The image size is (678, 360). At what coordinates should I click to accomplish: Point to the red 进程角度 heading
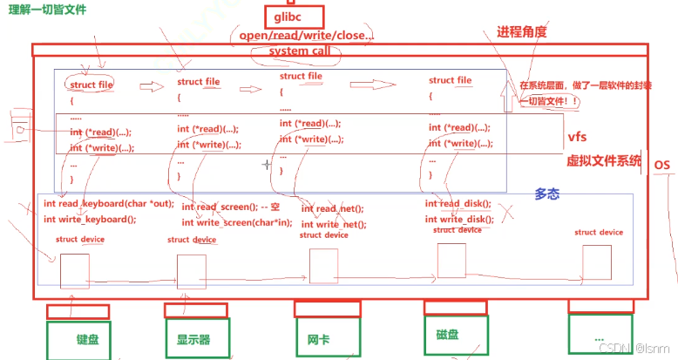point(522,32)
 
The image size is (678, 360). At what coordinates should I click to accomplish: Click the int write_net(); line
point(334,225)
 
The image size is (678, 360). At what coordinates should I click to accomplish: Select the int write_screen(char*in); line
point(237,222)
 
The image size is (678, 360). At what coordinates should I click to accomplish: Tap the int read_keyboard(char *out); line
point(108,204)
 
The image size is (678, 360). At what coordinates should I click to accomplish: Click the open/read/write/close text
point(302,37)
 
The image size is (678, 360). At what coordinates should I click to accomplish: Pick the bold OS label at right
point(661,166)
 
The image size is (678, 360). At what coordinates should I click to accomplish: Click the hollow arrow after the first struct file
point(153,86)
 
